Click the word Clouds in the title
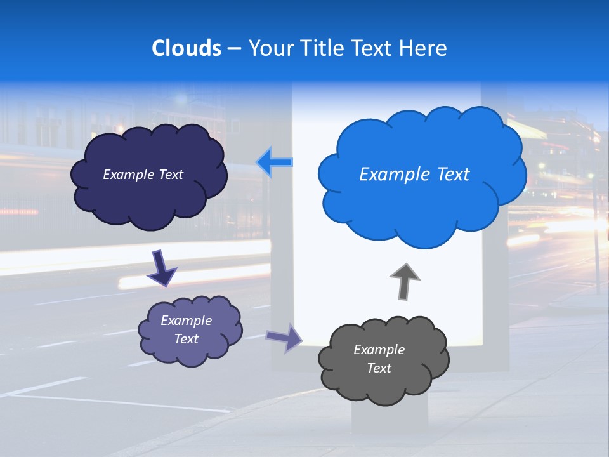tap(187, 48)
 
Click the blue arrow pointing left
tap(275, 162)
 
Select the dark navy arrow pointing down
tap(162, 268)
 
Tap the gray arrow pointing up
tap(405, 280)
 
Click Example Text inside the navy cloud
tap(143, 175)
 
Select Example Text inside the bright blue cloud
tap(414, 175)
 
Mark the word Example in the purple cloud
tap(186, 321)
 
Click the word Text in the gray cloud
tap(379, 368)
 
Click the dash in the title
tap(234, 48)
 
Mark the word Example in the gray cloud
tap(379, 350)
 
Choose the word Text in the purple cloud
tap(186, 339)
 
